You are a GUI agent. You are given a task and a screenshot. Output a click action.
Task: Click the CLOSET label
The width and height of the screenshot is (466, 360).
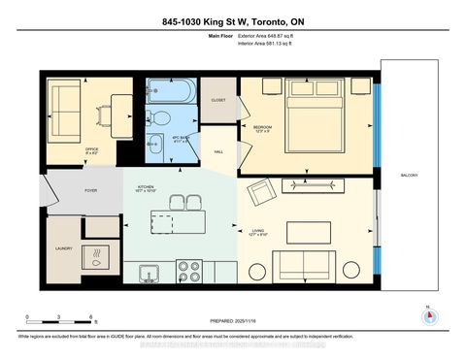coord(218,99)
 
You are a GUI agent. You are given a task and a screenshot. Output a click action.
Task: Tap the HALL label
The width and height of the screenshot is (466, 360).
coord(219,151)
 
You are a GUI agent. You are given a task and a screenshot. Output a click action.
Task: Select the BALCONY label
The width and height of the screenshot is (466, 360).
coord(407,176)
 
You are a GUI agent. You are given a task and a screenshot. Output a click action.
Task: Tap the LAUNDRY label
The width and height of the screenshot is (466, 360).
coord(63,248)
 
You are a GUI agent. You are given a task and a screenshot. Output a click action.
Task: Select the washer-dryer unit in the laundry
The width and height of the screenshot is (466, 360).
coord(98,256)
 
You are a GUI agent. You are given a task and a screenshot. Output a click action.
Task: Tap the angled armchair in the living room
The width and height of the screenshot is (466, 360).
coord(263,195)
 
